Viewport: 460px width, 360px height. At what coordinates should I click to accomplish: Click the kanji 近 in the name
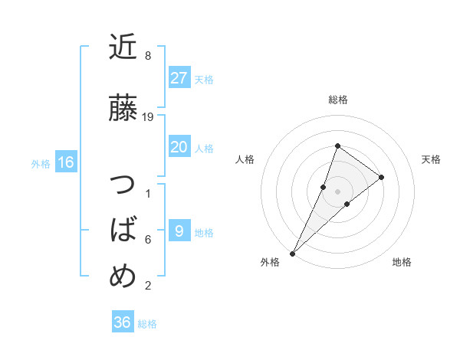(123, 47)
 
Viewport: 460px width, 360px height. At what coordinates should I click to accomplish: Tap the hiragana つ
(123, 185)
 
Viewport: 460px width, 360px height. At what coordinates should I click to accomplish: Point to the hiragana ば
(123, 230)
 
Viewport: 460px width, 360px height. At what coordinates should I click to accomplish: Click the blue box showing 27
(179, 78)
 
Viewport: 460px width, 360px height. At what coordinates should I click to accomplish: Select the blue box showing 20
(179, 147)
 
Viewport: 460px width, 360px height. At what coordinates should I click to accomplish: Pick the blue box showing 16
(66, 162)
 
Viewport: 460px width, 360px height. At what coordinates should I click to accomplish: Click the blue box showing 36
(123, 322)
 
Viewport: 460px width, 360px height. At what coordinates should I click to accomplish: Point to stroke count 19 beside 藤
(149, 117)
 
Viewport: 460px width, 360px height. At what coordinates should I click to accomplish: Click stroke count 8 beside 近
(148, 56)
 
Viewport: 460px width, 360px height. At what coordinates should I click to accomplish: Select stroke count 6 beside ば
(148, 240)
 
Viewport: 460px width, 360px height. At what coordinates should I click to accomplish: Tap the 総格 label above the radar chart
(338, 100)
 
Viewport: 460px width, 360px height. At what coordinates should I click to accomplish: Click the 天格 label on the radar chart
(431, 159)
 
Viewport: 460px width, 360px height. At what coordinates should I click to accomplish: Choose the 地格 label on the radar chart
(402, 262)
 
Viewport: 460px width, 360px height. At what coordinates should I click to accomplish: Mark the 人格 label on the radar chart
(245, 159)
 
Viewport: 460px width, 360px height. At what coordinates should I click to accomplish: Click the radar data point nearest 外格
(292, 253)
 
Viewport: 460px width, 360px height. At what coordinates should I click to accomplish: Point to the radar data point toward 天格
(381, 177)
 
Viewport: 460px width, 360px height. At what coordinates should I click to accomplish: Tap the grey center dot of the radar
(338, 191)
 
